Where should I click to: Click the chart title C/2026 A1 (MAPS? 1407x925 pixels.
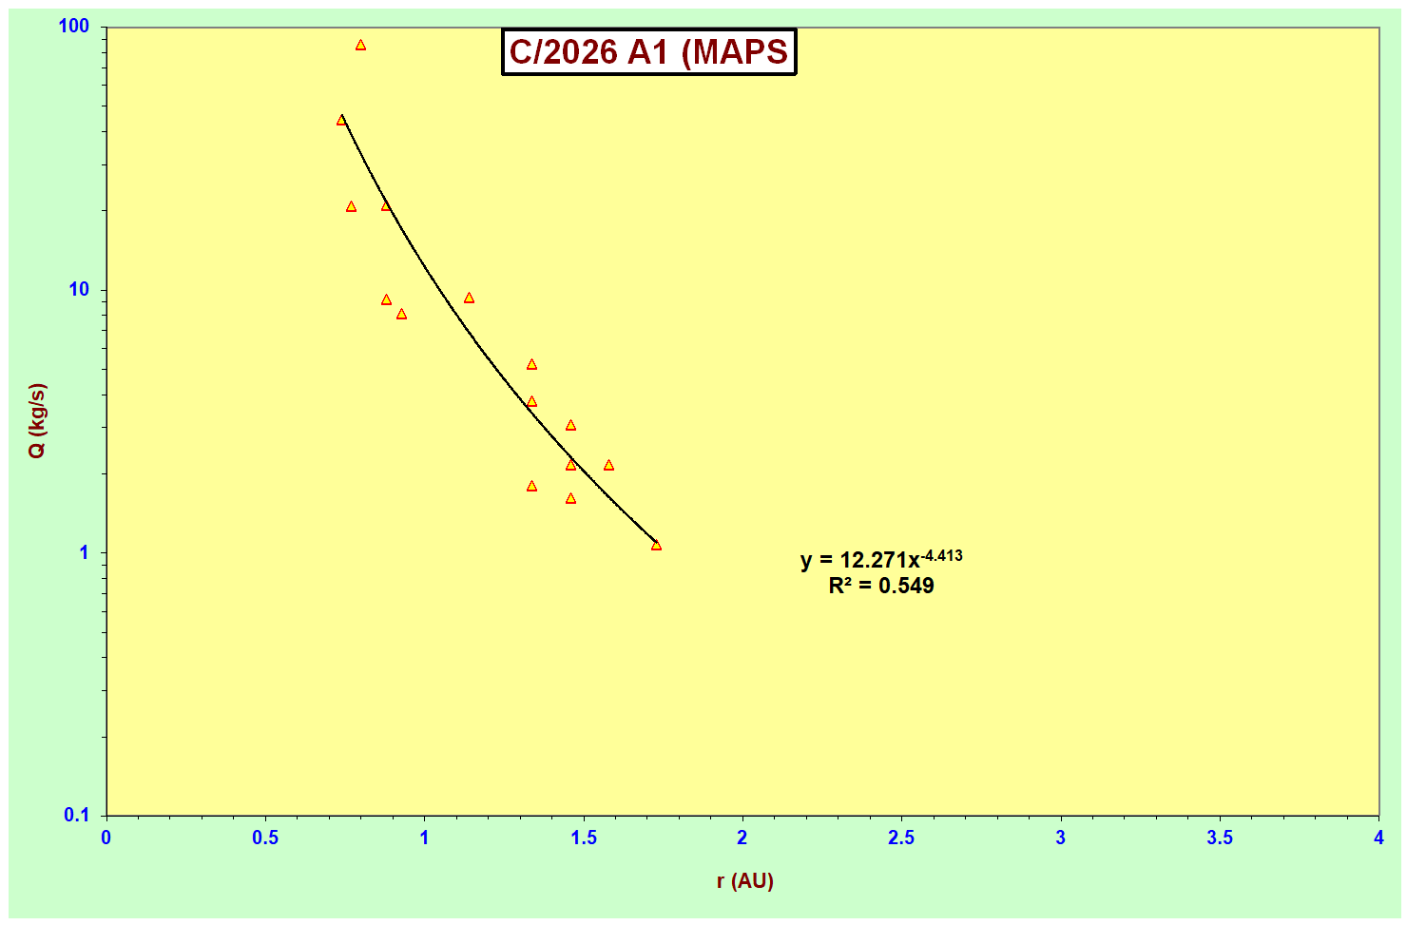648,52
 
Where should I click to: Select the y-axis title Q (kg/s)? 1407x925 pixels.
37,421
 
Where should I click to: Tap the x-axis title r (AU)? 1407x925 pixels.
744,881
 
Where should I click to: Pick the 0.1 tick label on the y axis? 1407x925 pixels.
76,816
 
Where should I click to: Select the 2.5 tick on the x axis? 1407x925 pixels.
901,838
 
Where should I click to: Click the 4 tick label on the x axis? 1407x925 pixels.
1378,838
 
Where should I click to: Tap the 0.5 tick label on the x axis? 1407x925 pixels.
265,838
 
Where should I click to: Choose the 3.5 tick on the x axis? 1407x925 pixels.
1220,838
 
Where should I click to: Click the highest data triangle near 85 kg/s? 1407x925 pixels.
360,46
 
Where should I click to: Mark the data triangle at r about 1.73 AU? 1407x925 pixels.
656,546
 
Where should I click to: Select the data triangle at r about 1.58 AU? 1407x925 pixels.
608,466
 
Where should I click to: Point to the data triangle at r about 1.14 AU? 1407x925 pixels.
469,299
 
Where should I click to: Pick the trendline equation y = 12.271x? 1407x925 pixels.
859,561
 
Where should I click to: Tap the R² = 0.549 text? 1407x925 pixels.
881,587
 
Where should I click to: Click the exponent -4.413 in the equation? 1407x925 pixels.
941,555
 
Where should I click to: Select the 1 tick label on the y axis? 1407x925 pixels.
84,553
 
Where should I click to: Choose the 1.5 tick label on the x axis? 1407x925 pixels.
584,838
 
